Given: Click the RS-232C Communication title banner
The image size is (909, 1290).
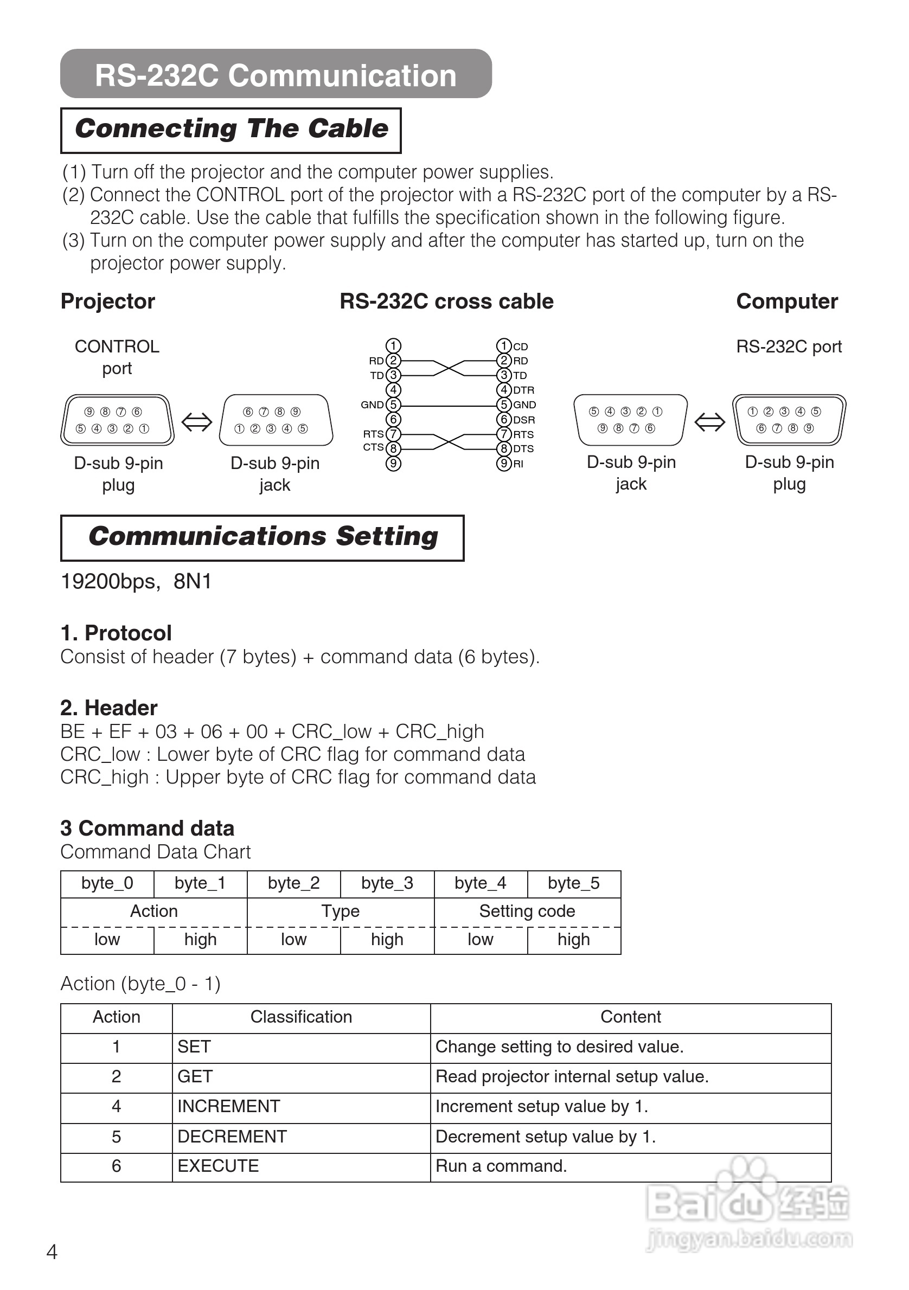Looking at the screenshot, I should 276,75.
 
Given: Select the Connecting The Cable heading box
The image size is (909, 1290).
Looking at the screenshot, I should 231,130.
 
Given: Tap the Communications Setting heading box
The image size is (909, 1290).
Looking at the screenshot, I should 263,537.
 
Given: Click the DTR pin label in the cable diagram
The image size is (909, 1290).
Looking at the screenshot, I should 523,390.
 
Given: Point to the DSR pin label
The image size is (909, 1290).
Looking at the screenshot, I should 523,420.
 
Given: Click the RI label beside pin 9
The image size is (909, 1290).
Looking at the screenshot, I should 518,464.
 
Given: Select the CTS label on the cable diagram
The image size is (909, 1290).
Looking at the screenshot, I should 373,447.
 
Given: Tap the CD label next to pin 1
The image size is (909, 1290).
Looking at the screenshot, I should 520,346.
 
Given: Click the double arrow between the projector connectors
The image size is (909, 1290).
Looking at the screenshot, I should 197,421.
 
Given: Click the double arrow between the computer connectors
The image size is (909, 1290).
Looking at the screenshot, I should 709,421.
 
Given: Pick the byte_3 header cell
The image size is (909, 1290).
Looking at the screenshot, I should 387,883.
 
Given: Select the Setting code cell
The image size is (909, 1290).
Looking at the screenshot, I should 527,911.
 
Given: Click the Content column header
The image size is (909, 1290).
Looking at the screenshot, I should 630,1016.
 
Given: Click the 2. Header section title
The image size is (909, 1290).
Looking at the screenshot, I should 109,708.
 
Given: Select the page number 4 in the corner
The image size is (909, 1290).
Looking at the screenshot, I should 52,1252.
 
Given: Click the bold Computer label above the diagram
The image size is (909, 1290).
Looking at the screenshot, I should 786,301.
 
